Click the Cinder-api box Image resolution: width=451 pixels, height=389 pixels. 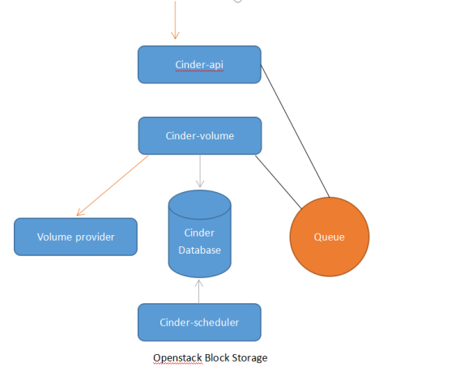point(199,65)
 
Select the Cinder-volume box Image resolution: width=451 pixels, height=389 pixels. point(199,135)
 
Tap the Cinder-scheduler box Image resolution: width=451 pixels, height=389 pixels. point(199,322)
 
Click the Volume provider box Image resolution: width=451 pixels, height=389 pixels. point(75,237)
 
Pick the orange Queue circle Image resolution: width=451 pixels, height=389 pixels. point(329,237)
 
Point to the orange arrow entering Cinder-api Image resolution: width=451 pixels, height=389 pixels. point(174,20)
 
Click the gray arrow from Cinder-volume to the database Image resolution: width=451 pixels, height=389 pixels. point(199,171)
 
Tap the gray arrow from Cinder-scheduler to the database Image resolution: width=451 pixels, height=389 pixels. point(199,291)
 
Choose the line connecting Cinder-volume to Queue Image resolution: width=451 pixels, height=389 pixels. point(279,178)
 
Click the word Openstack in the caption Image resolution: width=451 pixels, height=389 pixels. point(176,357)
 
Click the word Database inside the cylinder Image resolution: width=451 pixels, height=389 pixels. point(199,250)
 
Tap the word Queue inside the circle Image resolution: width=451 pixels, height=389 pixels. point(329,237)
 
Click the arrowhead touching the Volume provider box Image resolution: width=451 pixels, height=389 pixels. point(79,213)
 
